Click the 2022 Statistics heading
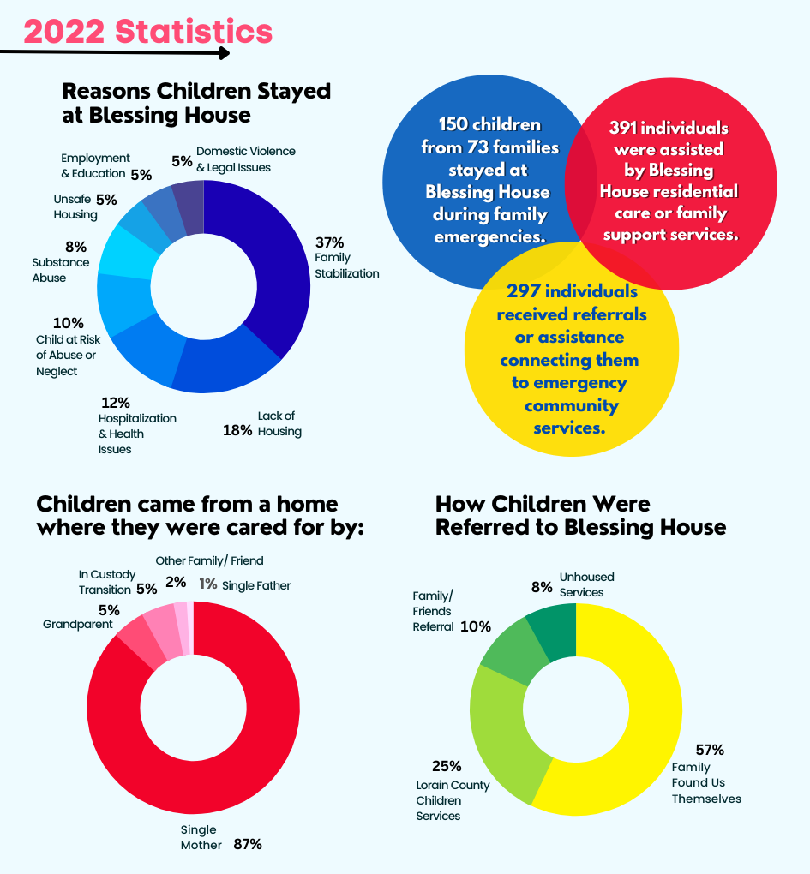coord(147,32)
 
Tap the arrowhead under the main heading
coord(225,53)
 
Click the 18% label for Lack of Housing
coord(237,430)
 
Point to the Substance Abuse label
coord(61,271)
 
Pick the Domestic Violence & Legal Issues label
coord(233,159)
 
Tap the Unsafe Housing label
coord(75,207)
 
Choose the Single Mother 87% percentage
coord(247,844)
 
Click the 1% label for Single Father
coord(207,584)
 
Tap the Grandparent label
coord(78,624)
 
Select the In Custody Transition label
coord(105,582)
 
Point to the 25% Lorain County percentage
coord(447,766)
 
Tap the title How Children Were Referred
coord(580,516)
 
